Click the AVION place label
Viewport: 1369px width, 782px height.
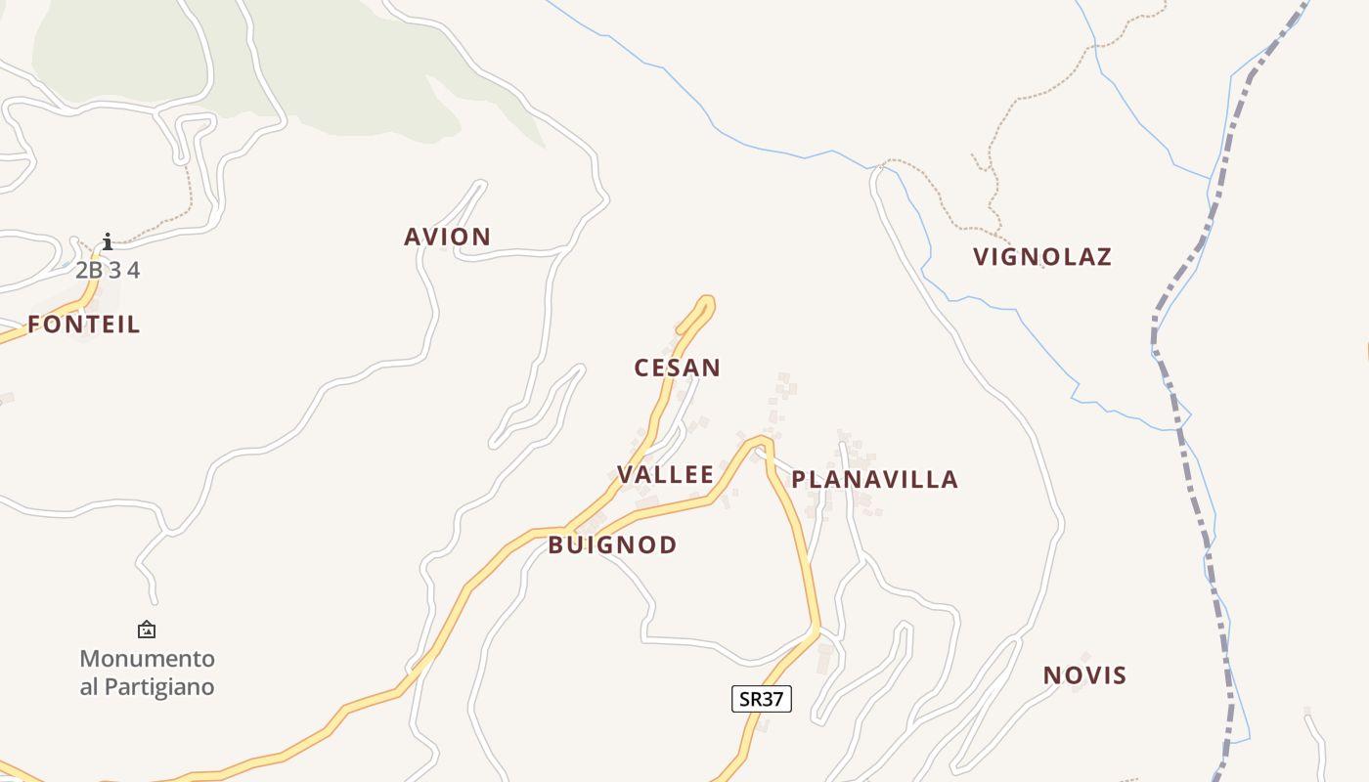(447, 237)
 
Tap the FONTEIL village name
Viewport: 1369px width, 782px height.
(84, 325)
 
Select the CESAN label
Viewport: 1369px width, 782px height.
(677, 369)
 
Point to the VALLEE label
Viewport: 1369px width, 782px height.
(665, 475)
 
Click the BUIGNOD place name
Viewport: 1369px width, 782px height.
(612, 545)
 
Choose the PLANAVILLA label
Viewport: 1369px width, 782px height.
(874, 480)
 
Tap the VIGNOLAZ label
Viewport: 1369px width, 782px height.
(1042, 257)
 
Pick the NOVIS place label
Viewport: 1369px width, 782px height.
(1084, 675)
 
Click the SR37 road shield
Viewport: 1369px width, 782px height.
(761, 699)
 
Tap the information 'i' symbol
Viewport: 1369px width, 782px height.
(108, 241)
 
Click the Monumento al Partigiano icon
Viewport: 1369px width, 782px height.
(147, 630)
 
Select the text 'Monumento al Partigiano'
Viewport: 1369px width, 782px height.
(147, 673)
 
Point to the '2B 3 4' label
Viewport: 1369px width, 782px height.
(108, 271)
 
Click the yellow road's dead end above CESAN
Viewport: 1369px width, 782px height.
(706, 301)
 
